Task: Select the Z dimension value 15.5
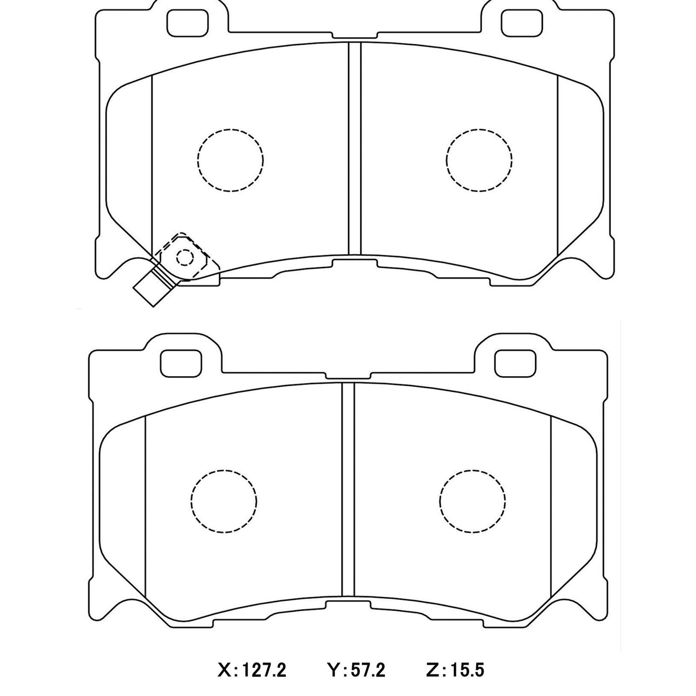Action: click(468, 670)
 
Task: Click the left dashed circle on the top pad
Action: click(230, 160)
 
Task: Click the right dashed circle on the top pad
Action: click(479, 160)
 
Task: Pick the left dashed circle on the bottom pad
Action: click(223, 500)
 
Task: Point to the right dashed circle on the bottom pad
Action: click(473, 500)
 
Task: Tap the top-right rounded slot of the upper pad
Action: click(522, 22)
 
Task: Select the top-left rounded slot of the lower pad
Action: click(181, 362)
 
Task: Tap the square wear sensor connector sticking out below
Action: click(151, 288)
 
